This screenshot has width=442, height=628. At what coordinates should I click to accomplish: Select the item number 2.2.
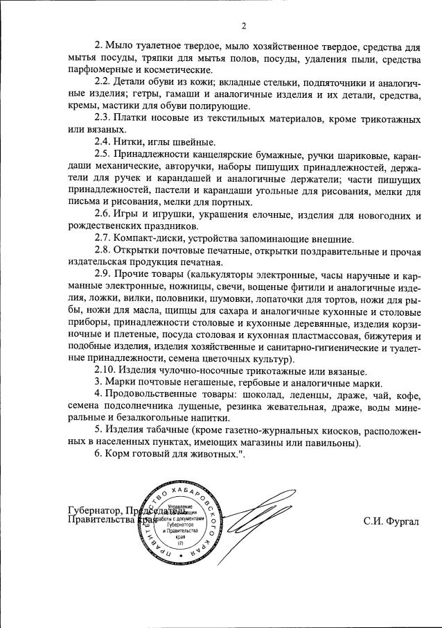click(x=103, y=82)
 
